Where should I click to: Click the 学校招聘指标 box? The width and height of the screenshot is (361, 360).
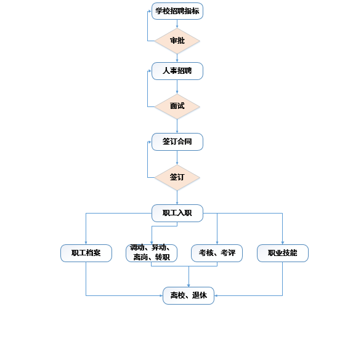point(177,11)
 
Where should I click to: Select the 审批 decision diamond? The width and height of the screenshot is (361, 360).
point(177,41)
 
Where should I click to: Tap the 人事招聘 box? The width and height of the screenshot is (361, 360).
point(177,71)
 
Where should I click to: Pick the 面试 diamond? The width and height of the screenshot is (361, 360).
point(177,106)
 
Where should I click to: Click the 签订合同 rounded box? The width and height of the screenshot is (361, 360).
point(177,142)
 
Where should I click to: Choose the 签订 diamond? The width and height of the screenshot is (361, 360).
point(177,177)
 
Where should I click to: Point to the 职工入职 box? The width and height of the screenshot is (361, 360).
point(177,214)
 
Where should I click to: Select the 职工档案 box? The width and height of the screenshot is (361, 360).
point(86,253)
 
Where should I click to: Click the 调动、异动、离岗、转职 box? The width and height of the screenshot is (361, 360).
point(152,253)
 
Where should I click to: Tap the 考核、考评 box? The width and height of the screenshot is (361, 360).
point(217,253)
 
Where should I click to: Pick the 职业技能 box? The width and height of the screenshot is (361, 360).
point(283,253)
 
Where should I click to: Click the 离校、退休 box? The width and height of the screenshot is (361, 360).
point(189,295)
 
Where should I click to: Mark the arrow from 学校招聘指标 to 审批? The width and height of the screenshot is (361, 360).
point(177,24)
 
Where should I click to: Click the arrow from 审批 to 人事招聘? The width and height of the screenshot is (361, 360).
point(177,58)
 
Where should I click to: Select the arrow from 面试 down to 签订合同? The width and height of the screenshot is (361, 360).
point(177,126)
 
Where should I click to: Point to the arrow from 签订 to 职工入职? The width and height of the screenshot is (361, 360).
point(177,198)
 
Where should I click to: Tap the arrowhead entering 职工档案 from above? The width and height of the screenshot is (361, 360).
point(86,243)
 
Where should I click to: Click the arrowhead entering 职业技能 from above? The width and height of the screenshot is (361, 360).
point(283,243)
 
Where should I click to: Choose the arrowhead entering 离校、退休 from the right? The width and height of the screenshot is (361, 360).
point(216,295)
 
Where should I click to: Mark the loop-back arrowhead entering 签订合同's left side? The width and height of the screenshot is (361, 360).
point(150,142)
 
